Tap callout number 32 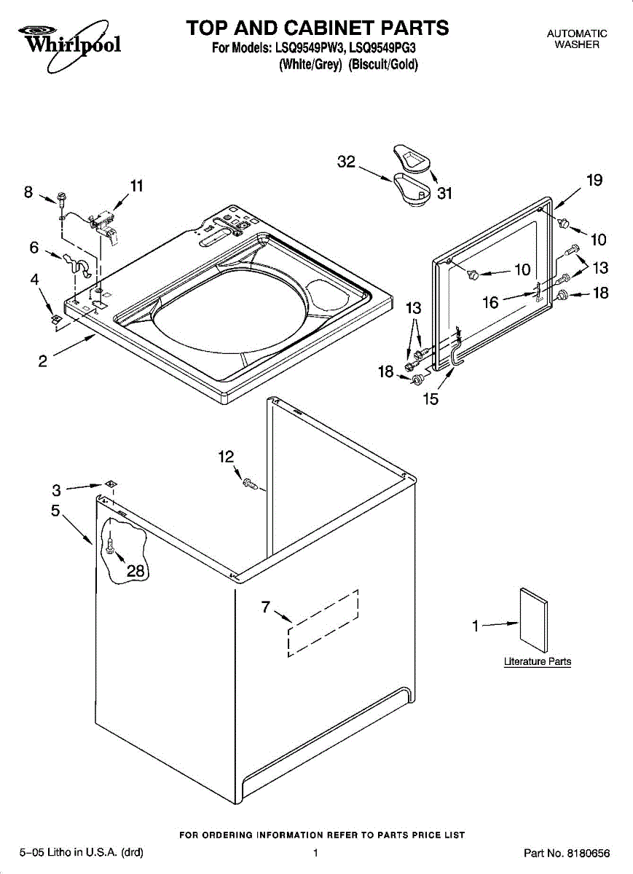pos(345,162)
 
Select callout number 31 pos(444,193)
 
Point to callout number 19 pos(594,181)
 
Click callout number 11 pos(136,186)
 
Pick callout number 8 pos(28,192)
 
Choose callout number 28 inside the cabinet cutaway pos(136,571)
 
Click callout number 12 pos(226,457)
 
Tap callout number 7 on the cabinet pos(266,606)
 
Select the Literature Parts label pos(538,662)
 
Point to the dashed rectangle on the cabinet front pos(323,623)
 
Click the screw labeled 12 pos(251,483)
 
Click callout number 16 pos(491,302)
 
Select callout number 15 pos(430,399)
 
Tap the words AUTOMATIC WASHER pos(577,39)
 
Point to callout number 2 pos(43,361)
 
